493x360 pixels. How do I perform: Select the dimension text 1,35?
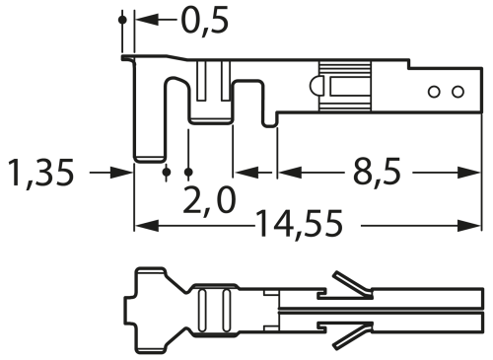click(40, 173)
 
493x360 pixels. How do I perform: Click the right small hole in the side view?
click(458, 93)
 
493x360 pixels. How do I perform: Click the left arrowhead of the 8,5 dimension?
click(285, 173)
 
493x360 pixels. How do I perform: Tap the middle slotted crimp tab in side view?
click(209, 94)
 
